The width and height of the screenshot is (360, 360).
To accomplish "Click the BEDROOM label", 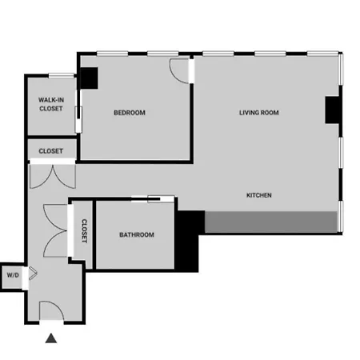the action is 130,113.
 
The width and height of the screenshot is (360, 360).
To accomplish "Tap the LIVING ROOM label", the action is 259,113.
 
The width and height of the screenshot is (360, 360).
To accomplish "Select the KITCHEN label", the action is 259,195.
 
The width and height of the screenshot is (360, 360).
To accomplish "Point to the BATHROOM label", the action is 137,234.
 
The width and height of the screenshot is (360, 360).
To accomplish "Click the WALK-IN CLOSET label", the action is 51,104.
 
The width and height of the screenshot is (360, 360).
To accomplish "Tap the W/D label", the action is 13,275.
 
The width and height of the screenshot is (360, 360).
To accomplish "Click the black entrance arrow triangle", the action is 51,338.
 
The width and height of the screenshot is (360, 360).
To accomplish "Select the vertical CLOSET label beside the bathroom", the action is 84,231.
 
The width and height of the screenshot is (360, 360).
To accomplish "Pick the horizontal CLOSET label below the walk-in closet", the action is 51,151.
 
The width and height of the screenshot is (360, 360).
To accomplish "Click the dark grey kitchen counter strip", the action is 271,222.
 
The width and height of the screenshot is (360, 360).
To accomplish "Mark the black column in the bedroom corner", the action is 89,78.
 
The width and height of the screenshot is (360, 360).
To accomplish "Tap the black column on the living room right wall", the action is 332,110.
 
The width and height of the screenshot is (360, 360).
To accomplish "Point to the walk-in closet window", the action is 61,76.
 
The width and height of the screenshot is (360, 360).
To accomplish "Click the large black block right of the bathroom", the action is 186,241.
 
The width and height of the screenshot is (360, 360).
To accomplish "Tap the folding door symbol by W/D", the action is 33,274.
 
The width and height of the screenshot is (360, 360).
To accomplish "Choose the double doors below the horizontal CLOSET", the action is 53,177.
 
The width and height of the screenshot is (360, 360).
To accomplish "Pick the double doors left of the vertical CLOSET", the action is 55,230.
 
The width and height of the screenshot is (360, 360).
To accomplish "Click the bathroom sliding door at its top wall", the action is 153,198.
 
